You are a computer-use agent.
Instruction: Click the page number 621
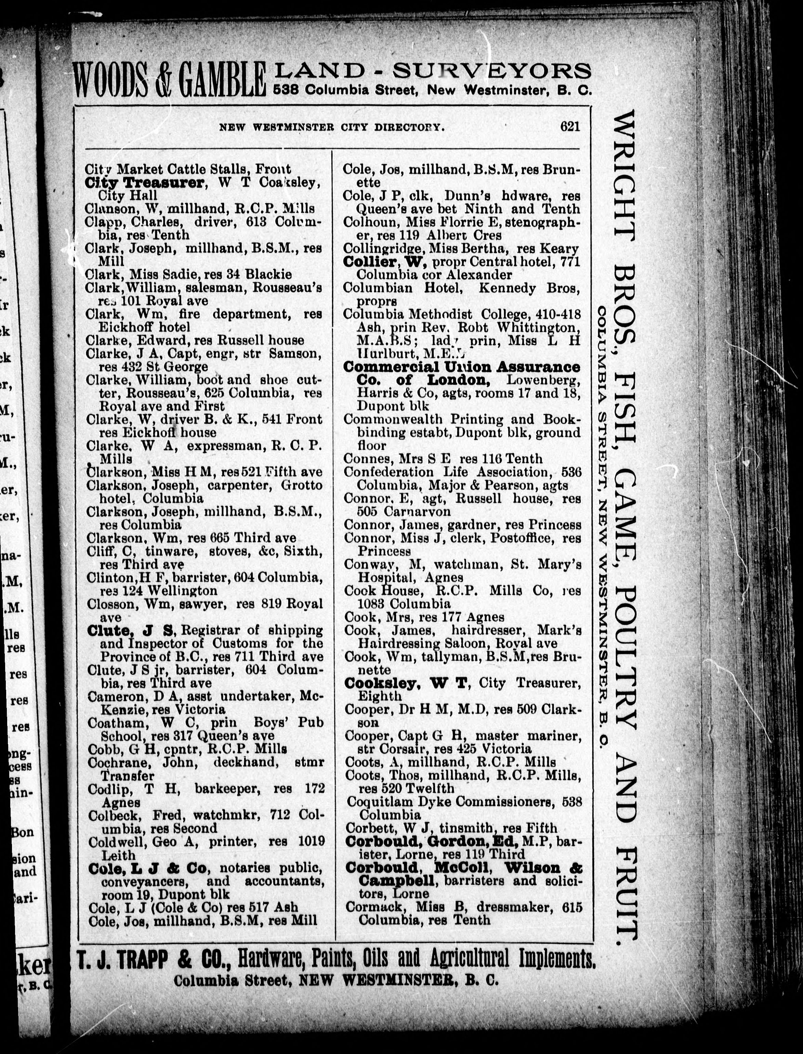click(x=570, y=127)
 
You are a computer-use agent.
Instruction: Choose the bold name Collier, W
click(x=384, y=262)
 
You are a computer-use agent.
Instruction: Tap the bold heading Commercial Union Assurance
click(x=461, y=367)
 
